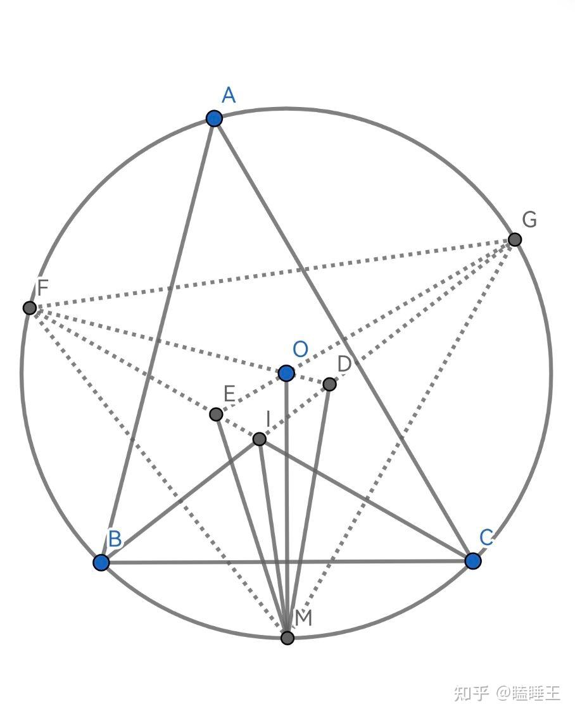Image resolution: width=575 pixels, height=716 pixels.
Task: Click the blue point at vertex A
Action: click(x=214, y=118)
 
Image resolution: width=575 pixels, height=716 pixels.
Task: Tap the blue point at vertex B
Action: click(x=101, y=562)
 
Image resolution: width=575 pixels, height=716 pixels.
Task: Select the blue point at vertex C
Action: click(x=473, y=560)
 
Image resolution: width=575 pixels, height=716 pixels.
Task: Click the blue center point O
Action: click(x=286, y=373)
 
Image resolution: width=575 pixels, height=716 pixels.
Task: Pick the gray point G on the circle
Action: click(x=515, y=239)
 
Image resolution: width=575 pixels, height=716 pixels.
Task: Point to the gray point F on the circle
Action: click(x=30, y=308)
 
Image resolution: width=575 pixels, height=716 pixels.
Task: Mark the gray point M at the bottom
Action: click(x=287, y=637)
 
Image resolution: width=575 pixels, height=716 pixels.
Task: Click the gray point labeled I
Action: click(x=260, y=439)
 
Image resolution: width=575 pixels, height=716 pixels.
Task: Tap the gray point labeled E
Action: click(x=216, y=414)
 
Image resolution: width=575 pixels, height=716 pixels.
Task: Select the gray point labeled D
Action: click(x=330, y=384)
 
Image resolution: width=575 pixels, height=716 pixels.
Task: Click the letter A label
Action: click(x=229, y=96)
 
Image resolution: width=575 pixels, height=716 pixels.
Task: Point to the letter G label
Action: click(x=529, y=220)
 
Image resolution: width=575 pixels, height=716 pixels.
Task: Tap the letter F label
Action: click(x=42, y=288)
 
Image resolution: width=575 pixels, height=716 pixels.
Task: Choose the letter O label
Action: click(x=301, y=349)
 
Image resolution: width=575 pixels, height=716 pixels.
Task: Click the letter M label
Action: click(x=303, y=618)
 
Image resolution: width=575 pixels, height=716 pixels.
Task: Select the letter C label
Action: click(x=486, y=537)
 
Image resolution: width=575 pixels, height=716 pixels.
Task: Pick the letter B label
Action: click(x=115, y=539)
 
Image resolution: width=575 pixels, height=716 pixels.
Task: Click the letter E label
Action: click(x=229, y=394)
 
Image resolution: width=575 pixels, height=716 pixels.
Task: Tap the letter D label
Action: click(x=344, y=364)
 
